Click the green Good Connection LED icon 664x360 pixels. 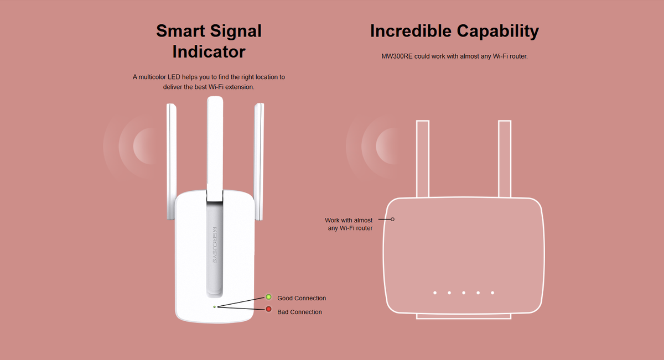(x=268, y=298)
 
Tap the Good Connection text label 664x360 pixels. (x=302, y=298)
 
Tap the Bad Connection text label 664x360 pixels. (x=299, y=312)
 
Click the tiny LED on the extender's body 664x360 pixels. (x=214, y=306)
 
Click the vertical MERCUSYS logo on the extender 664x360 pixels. (x=214, y=244)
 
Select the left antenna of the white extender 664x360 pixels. (x=171, y=160)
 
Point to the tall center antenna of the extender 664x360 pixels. (x=214, y=144)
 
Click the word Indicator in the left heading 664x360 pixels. (x=209, y=51)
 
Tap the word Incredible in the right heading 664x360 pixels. (x=410, y=31)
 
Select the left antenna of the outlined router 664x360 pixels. (x=422, y=159)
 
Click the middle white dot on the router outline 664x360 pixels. (x=464, y=293)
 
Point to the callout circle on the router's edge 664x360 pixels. (x=393, y=219)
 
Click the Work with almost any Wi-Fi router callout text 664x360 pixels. (x=349, y=224)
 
